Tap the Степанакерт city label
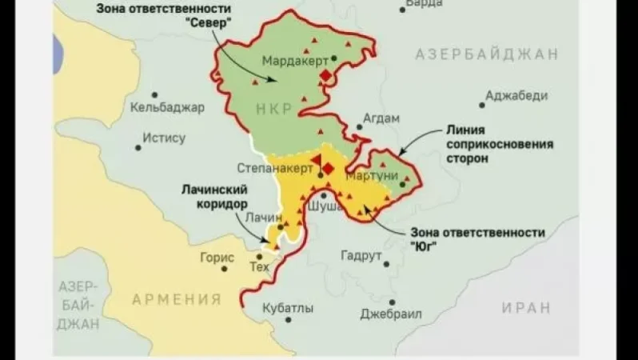point(273,169)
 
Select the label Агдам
point(381,118)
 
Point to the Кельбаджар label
point(167,107)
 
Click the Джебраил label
point(391,313)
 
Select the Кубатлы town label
point(287,308)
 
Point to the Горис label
point(217,258)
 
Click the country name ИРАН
point(526,308)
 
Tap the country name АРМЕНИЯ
point(176,300)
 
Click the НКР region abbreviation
point(274,108)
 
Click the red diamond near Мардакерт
point(326,76)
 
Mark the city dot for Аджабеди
point(482,104)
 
